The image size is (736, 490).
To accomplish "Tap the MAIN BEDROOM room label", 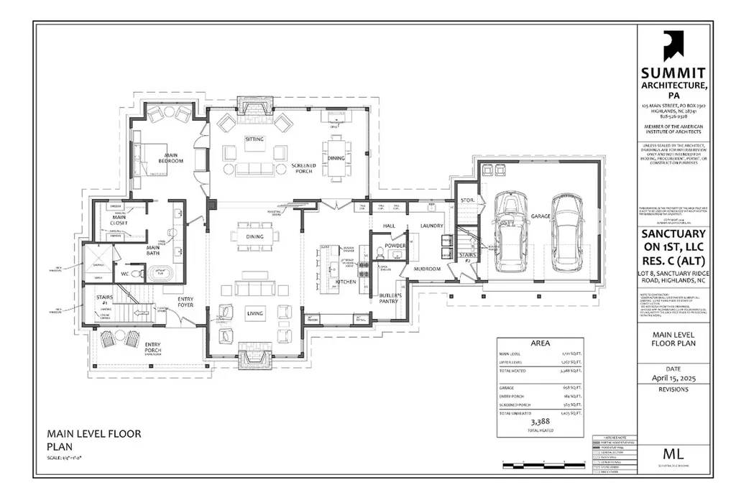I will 173,158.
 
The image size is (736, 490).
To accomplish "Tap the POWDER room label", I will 395,246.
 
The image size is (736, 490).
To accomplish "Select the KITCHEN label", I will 346,282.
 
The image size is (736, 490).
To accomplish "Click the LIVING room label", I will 255,313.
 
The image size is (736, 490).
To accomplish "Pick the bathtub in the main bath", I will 157,274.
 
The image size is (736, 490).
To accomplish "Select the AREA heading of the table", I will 539,343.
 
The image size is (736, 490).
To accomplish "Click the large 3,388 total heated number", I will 539,422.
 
